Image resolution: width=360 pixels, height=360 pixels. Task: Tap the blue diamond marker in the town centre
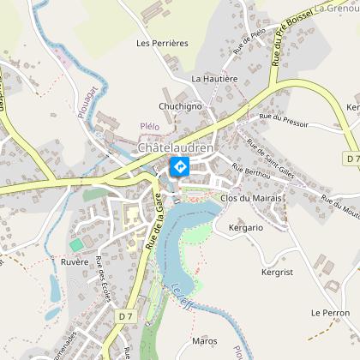[181, 165]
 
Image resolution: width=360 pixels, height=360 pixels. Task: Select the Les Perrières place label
[162, 42]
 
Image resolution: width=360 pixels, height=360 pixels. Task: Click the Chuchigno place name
[179, 106]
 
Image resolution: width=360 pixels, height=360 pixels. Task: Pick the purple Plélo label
[150, 126]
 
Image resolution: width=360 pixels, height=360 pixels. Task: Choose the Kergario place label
[246, 228]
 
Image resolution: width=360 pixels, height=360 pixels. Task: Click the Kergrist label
[279, 272]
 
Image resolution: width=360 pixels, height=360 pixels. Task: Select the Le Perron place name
[330, 313]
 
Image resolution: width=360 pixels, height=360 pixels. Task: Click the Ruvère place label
[75, 261]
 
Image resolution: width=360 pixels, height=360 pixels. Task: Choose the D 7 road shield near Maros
[127, 316]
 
